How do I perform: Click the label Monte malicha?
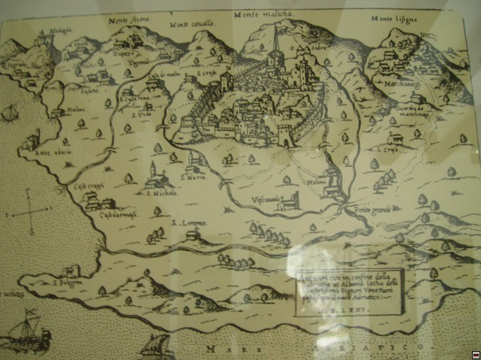[x=264, y=14]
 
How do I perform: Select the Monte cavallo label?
[x=193, y=23]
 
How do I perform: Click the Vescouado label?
[x=266, y=198]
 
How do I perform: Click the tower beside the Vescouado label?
[x=292, y=198]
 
